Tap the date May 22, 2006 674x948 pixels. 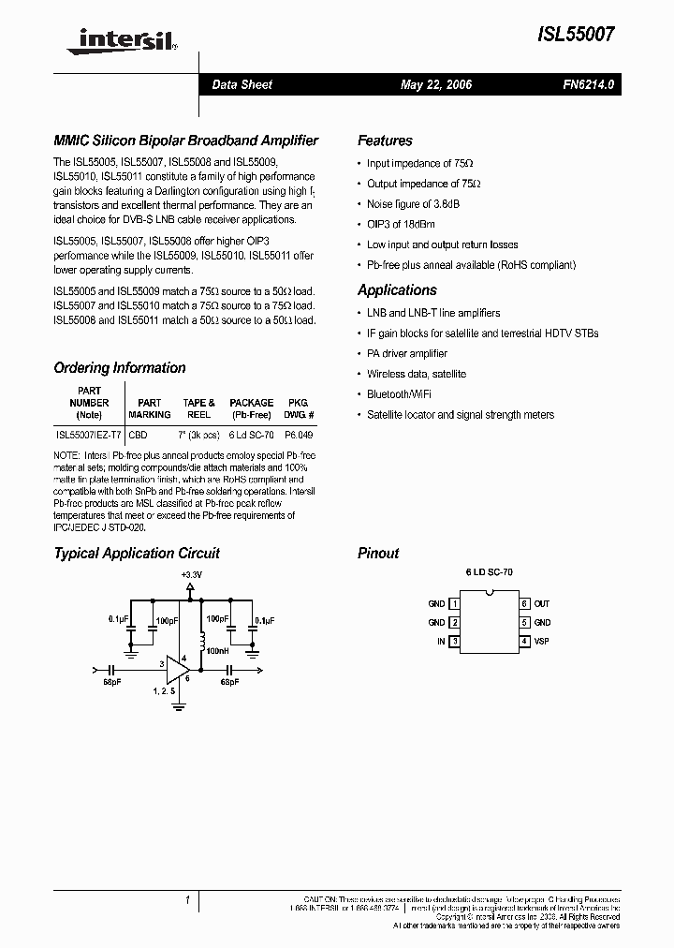pos(436,85)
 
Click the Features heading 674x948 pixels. pos(385,141)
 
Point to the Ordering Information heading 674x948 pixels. pos(120,368)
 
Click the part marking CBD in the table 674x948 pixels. pos(138,436)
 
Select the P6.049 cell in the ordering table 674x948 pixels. pos(300,436)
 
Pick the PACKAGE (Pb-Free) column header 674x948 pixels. pos(252,408)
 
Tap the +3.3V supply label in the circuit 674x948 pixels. pos(191,573)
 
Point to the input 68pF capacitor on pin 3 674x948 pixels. pos(112,671)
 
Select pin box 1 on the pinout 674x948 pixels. pos(455,604)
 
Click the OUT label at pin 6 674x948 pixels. pos(542,604)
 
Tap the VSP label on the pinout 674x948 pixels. pos(543,642)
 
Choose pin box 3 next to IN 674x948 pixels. pos(455,642)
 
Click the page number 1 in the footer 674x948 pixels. pos(187,900)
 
